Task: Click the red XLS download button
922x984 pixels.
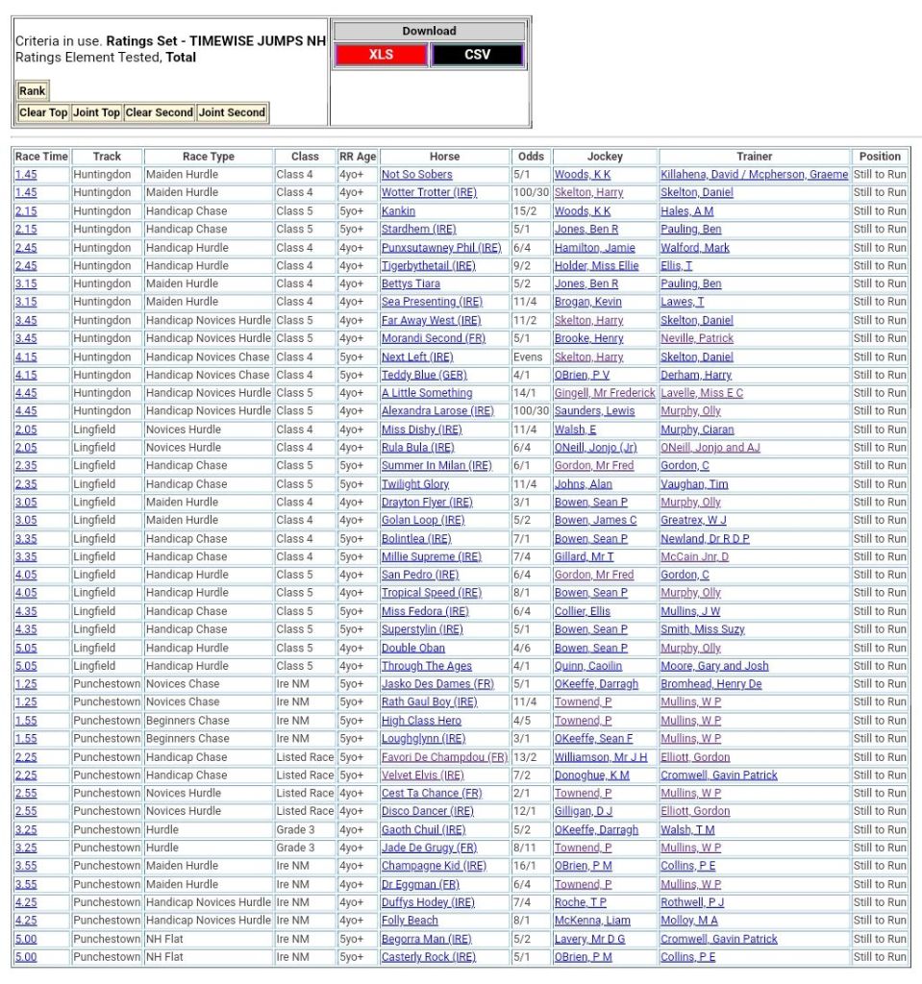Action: pyautogui.click(x=381, y=55)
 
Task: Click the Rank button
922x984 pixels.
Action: pyautogui.click(x=32, y=91)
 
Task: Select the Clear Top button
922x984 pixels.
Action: pyautogui.click(x=44, y=112)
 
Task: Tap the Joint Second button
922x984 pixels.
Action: pyautogui.click(x=232, y=112)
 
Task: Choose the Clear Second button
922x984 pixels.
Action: pyautogui.click(x=160, y=112)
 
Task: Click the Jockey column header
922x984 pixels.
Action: pyautogui.click(x=605, y=157)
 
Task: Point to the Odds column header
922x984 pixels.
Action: pyautogui.click(x=530, y=157)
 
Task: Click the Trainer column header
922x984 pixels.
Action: pyautogui.click(x=755, y=157)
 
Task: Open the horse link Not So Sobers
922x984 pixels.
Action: pyautogui.click(x=416, y=175)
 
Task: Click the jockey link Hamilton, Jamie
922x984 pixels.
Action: pyautogui.click(x=594, y=248)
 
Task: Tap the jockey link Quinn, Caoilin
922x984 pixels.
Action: pyautogui.click(x=587, y=666)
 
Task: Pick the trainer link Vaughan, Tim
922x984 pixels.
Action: pyautogui.click(x=694, y=484)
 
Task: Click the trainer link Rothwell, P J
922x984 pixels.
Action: pyautogui.click(x=692, y=902)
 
